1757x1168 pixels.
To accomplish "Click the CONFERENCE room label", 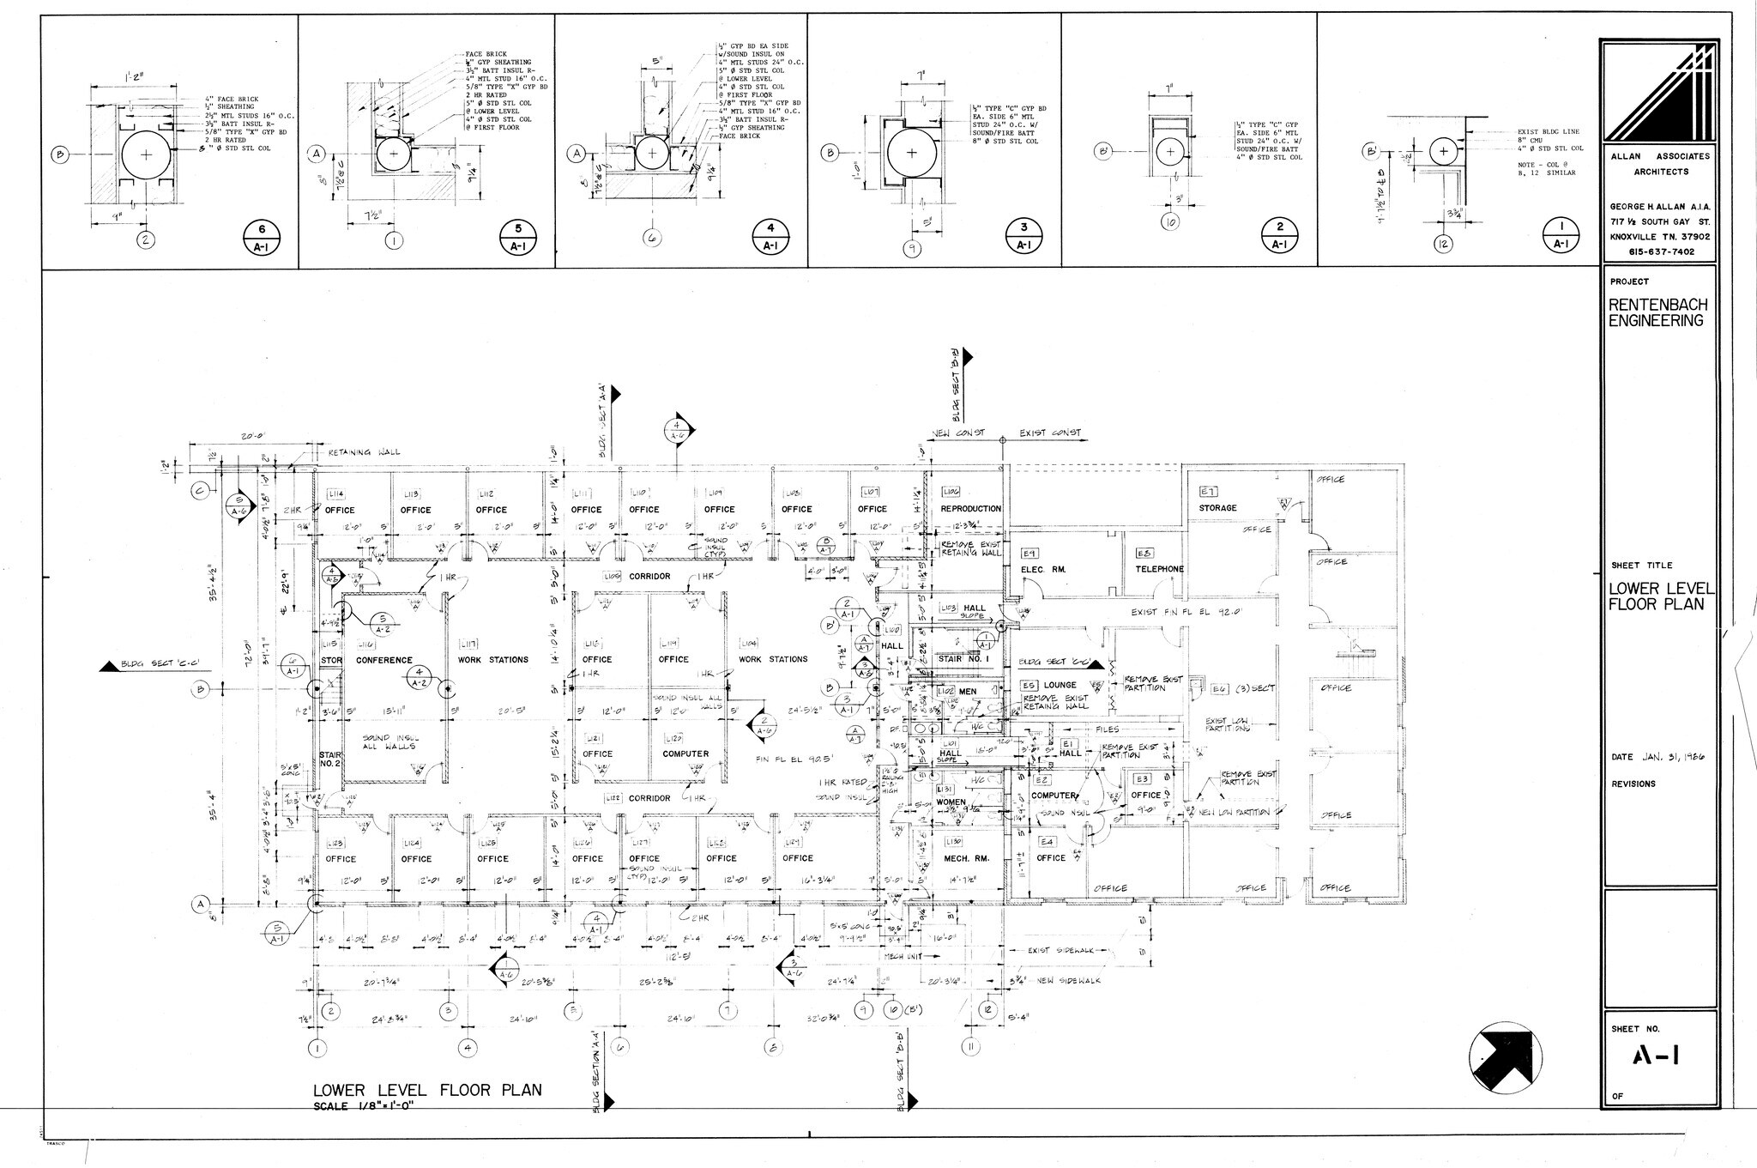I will (384, 660).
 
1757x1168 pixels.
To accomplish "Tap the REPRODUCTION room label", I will (970, 509).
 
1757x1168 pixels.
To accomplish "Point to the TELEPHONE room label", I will (1159, 569).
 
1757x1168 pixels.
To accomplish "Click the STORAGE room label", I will (1217, 508).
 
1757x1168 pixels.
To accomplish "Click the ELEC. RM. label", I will (1042, 570).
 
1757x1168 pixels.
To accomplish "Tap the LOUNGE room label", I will (1060, 686).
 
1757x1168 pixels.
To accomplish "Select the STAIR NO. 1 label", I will (963, 659).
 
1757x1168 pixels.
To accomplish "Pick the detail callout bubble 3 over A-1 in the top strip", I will (1023, 236).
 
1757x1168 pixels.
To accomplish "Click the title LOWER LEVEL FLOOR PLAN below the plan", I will (427, 1091).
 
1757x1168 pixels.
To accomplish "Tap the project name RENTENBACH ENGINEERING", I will (1656, 313).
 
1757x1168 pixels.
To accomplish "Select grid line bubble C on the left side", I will (199, 491).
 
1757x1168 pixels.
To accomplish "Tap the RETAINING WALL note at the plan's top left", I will (364, 452).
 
